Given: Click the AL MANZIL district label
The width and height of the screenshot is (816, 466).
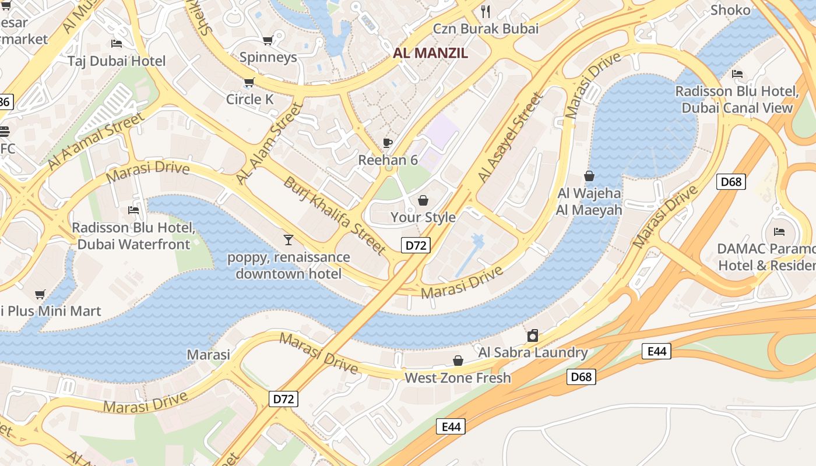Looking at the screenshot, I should click(x=430, y=53).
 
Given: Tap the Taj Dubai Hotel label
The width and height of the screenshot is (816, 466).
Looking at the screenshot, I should click(x=116, y=61).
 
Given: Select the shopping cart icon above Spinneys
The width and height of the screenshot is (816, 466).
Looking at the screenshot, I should click(x=268, y=40).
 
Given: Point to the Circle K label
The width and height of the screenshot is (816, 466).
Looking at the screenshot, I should click(x=249, y=99).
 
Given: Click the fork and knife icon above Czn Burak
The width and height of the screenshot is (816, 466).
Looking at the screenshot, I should click(x=485, y=11).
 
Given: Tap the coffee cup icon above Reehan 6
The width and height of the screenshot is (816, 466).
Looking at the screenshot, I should click(x=387, y=143).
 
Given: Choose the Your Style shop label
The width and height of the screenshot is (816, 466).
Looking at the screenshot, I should click(x=423, y=217).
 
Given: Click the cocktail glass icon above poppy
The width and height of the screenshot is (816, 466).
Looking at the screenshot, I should click(x=288, y=239).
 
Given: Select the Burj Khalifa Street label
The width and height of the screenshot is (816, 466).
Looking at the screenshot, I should click(x=335, y=215).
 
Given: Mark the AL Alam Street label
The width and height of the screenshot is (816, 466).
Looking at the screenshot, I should click(x=270, y=143).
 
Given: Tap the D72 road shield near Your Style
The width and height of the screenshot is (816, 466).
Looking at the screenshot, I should click(x=416, y=245).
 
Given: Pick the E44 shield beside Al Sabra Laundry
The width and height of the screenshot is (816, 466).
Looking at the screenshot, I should click(x=656, y=351).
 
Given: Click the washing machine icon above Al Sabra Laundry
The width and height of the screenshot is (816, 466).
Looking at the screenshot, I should click(x=532, y=336).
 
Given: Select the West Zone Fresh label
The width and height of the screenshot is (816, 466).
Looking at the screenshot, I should click(x=458, y=377).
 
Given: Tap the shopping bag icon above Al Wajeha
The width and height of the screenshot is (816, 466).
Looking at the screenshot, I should click(x=589, y=176).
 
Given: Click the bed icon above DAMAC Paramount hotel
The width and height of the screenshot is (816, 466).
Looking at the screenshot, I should click(x=779, y=231).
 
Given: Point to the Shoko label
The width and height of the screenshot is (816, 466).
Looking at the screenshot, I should click(x=730, y=10).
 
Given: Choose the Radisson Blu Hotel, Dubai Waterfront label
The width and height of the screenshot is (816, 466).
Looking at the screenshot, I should click(x=133, y=235).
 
